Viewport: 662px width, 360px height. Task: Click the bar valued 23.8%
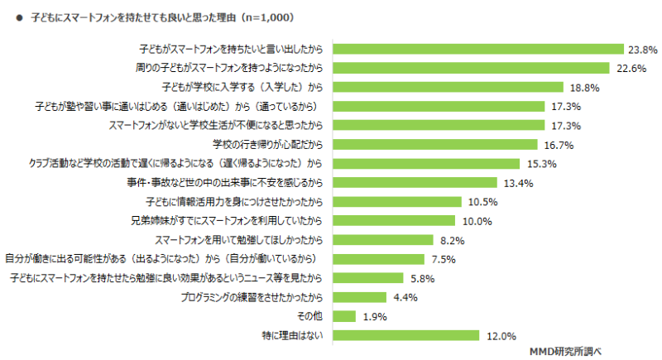tap(478, 49)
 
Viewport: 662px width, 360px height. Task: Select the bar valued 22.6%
tap(471, 68)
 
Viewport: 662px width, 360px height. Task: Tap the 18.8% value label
tap(582, 87)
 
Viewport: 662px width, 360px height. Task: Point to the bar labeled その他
tap(344, 316)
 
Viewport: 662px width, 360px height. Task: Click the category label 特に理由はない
tap(295, 335)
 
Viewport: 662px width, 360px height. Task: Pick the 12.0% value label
tap(501, 336)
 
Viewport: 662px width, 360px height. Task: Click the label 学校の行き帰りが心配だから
tap(271, 144)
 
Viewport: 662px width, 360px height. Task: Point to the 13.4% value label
tap(517, 183)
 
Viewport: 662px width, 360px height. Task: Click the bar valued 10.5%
tap(397, 201)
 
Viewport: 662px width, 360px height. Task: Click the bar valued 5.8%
tap(368, 278)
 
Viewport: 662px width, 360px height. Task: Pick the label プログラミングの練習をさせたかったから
tap(257, 297)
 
